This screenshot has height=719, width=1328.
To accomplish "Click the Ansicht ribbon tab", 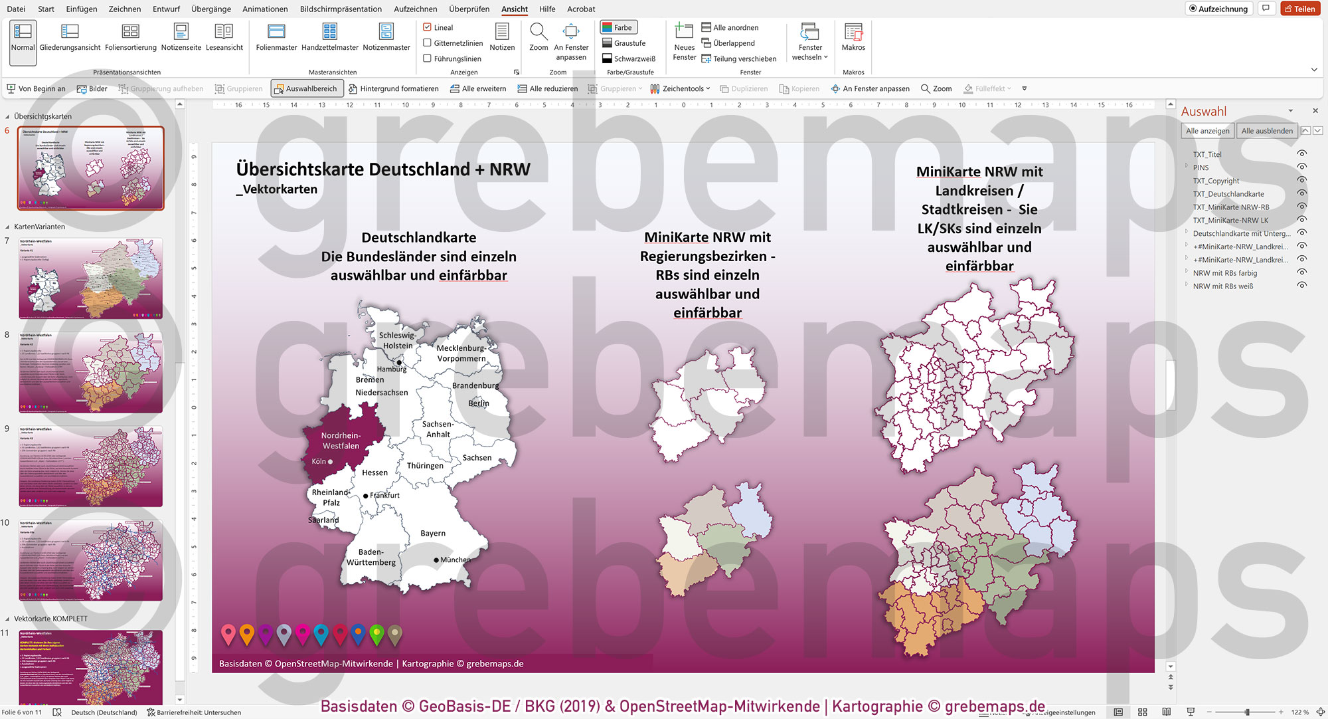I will point(514,9).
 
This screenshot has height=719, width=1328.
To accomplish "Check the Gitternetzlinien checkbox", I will point(428,43).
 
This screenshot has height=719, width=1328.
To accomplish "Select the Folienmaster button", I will point(276,37).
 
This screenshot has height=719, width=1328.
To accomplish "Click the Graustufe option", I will point(623,43).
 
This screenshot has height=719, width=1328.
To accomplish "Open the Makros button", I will point(853,37).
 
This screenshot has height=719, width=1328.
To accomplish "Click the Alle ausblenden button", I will point(1266,131).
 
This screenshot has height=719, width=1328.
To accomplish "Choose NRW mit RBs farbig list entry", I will point(1224,273).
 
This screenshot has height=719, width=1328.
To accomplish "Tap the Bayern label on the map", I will point(433,534).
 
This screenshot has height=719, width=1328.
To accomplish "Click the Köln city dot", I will point(330,462).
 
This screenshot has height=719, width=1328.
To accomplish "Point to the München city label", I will point(455,560).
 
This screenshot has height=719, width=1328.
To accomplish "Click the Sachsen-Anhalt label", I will point(438,429).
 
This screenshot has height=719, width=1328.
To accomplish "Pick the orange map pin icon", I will point(246,634).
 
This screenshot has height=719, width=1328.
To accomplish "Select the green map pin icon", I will point(376,634).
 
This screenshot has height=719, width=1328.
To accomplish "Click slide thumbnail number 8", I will point(90,373).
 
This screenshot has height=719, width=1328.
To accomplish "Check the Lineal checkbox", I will point(428,27).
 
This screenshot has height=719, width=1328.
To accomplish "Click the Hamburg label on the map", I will point(391,369).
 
